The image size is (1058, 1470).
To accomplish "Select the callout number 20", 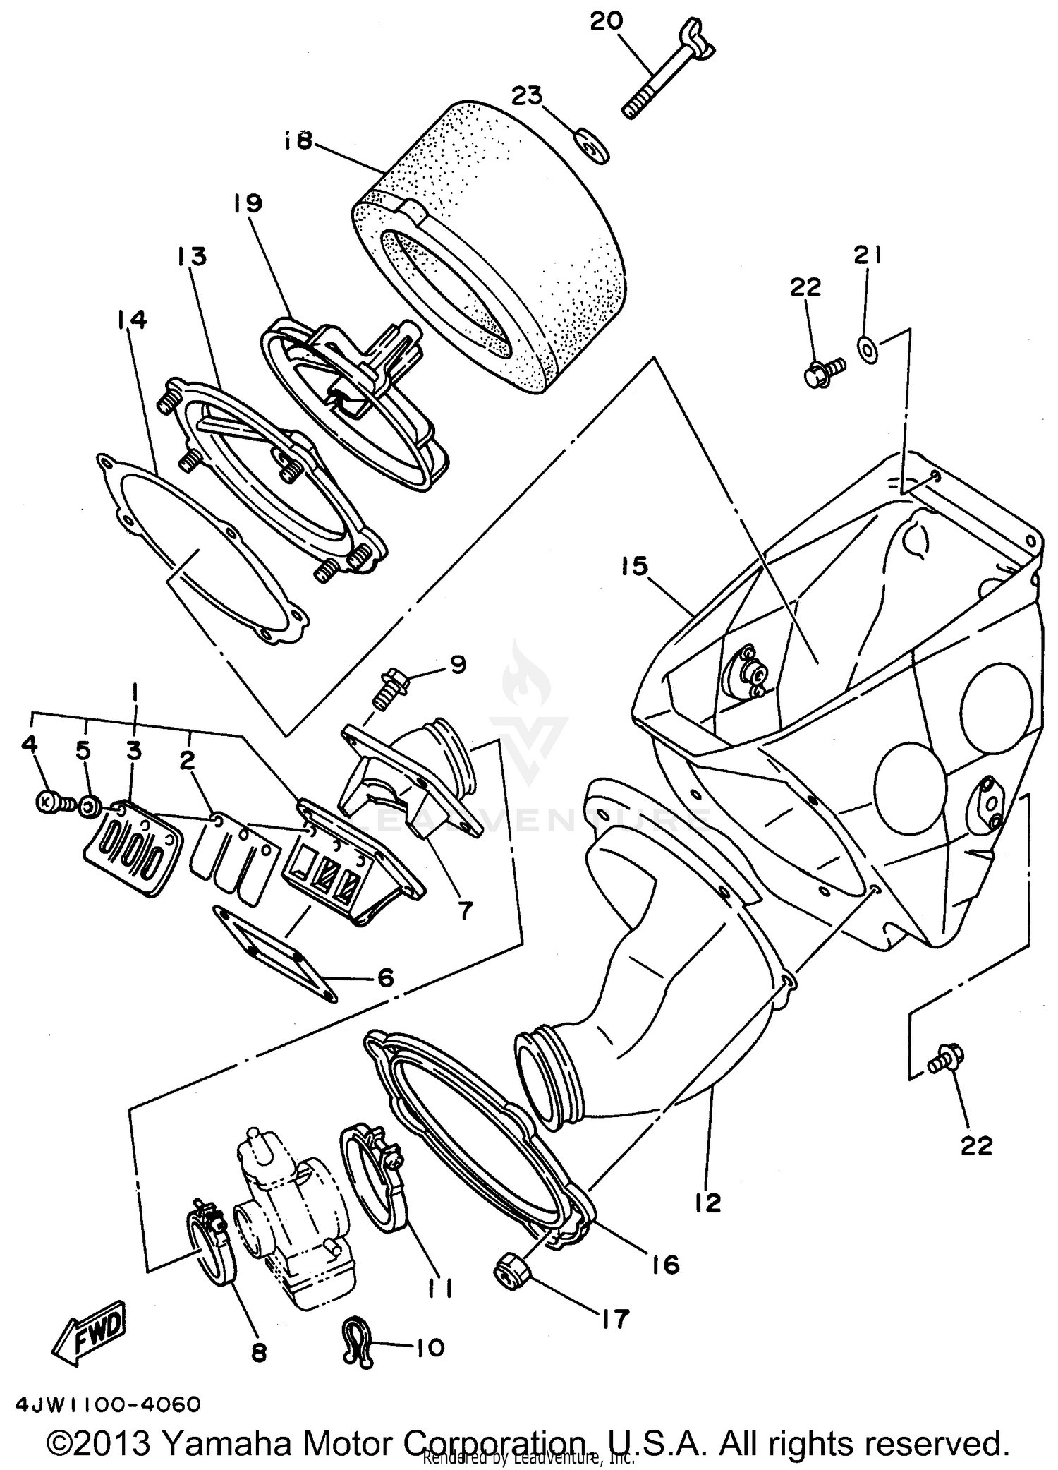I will coord(607,20).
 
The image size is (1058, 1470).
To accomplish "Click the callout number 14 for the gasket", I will coord(132,319).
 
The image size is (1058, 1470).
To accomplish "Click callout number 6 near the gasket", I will coord(385,977).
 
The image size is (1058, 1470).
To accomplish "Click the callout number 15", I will coord(635,566).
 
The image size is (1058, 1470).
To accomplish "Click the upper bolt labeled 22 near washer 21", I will coord(822,370).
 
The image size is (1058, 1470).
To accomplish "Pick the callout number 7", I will coord(463,910).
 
